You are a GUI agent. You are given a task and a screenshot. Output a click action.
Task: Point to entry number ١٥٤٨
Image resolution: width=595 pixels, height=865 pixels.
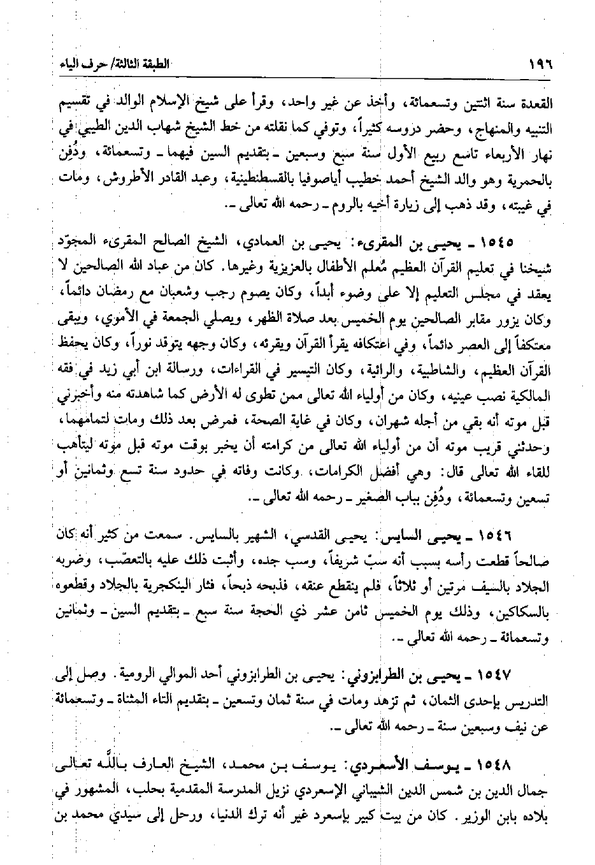coord(515,764)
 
